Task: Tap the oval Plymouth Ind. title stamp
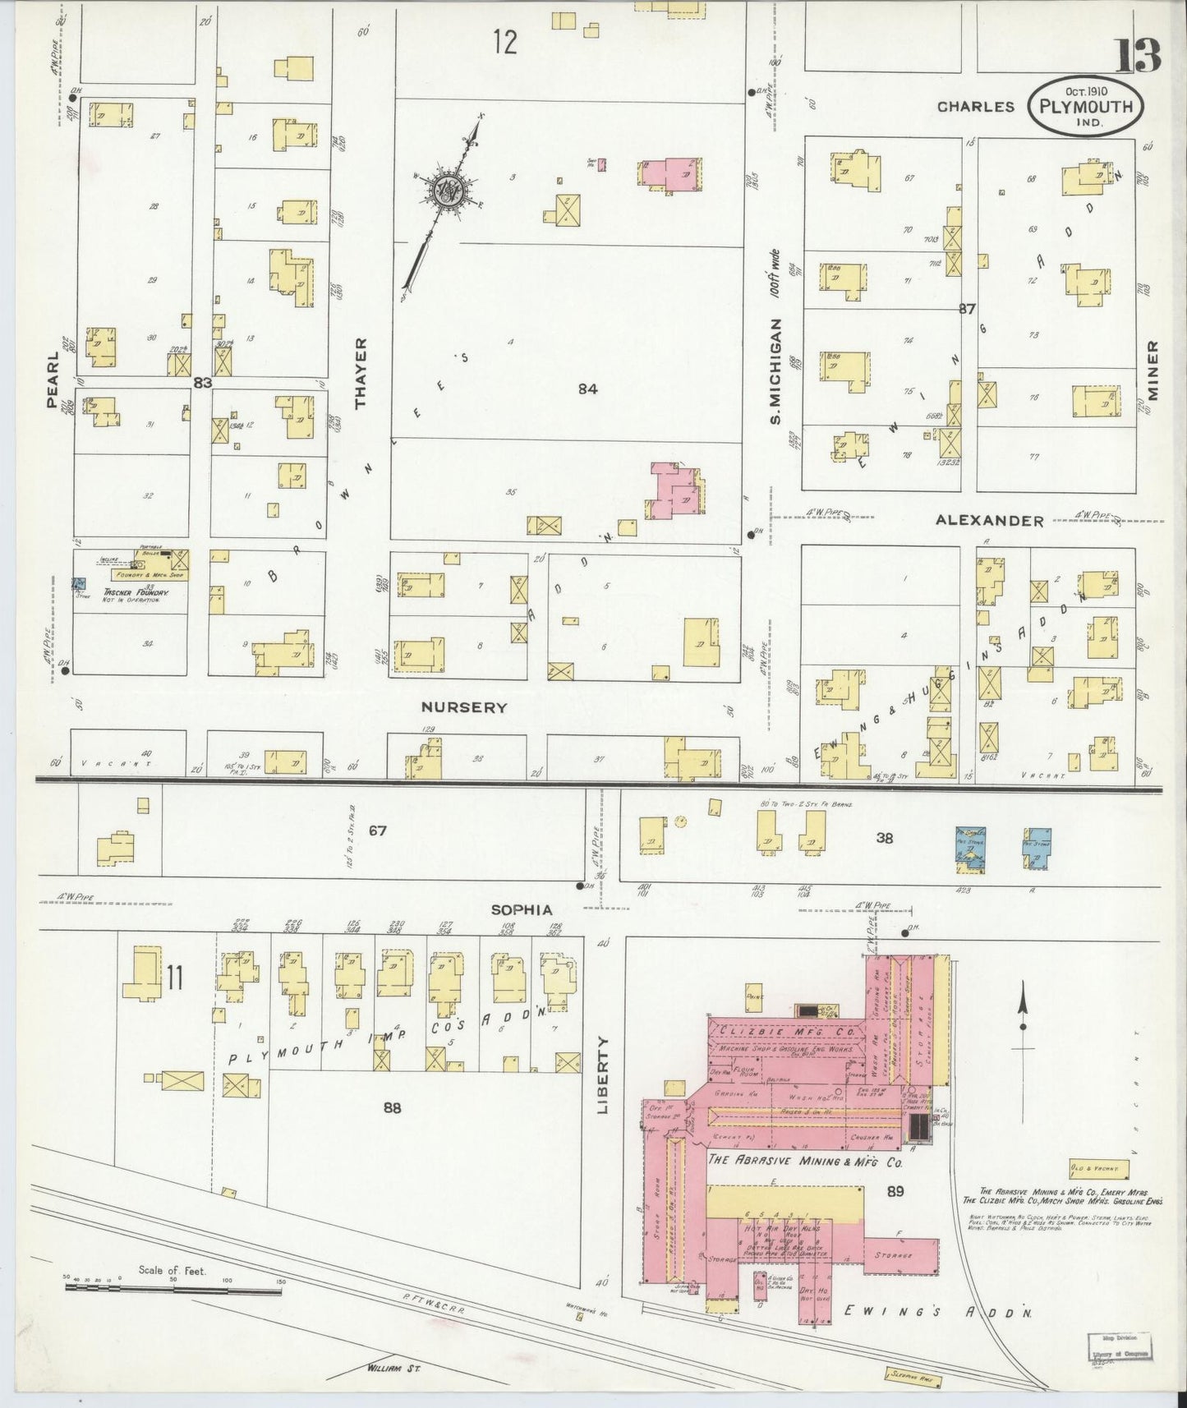click(x=1085, y=107)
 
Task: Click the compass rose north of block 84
click(x=451, y=190)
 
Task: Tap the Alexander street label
click(x=989, y=520)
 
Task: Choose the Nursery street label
click(x=464, y=706)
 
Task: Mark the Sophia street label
click(x=522, y=910)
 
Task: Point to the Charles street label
click(x=976, y=107)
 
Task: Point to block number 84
click(x=587, y=389)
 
